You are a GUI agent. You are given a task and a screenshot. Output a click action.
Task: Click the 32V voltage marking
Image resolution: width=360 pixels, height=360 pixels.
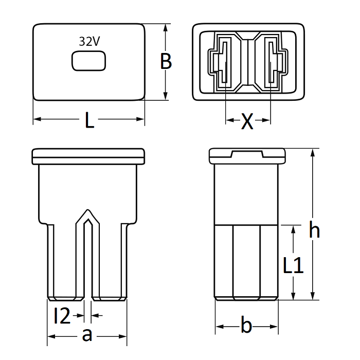click(89, 43)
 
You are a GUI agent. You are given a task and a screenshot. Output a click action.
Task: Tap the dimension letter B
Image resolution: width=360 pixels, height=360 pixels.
click(166, 61)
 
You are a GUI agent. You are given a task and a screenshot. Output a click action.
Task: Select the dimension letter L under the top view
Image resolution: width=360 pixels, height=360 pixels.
click(89, 121)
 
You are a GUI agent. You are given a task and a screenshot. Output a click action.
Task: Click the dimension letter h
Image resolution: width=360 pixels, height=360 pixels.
click(314, 230)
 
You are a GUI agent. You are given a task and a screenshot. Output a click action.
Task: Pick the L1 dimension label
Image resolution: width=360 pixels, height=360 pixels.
click(294, 265)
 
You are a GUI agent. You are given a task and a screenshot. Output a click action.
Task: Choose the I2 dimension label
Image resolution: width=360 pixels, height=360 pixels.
click(62, 316)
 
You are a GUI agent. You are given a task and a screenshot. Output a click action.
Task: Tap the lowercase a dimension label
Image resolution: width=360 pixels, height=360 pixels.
click(87, 336)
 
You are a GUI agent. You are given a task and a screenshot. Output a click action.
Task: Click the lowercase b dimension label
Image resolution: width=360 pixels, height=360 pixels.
click(246, 326)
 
